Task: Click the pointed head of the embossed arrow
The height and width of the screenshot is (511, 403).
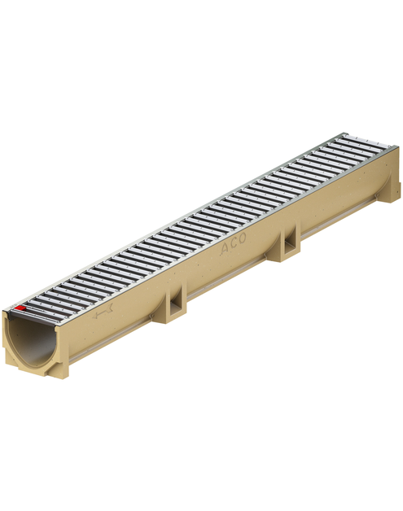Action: click(x=95, y=316)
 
